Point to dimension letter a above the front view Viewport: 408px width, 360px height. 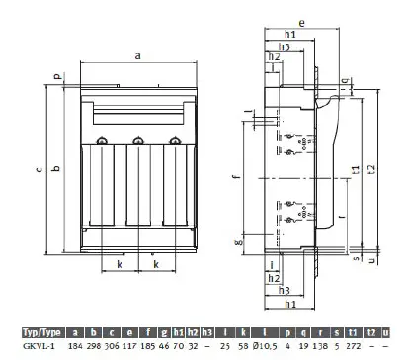tap(137, 57)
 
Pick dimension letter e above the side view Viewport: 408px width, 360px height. tap(300, 20)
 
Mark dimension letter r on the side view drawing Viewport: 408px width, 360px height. tap(312, 215)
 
